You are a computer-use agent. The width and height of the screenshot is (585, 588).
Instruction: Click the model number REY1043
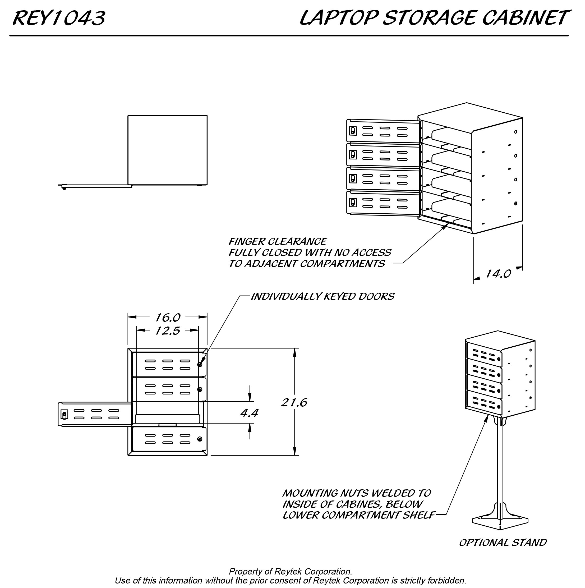(59, 18)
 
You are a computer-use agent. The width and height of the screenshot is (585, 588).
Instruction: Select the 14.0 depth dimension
(498, 274)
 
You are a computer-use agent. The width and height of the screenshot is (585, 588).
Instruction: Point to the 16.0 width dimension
(168, 318)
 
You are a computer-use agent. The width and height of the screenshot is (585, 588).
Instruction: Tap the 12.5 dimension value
(168, 330)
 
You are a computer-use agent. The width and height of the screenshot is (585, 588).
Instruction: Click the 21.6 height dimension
(294, 402)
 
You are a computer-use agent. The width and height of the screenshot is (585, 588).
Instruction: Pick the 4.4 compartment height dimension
(250, 413)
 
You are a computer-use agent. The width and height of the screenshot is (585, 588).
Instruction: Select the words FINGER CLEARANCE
(278, 242)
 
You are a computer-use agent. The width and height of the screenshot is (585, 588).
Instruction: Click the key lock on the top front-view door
(200, 364)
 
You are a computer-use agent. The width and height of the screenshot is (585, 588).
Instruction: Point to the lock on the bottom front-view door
(200, 439)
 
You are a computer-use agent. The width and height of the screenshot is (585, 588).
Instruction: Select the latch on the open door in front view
(64, 415)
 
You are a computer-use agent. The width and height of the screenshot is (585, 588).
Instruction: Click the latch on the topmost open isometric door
(353, 131)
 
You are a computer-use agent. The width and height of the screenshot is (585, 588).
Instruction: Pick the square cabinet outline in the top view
(167, 150)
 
